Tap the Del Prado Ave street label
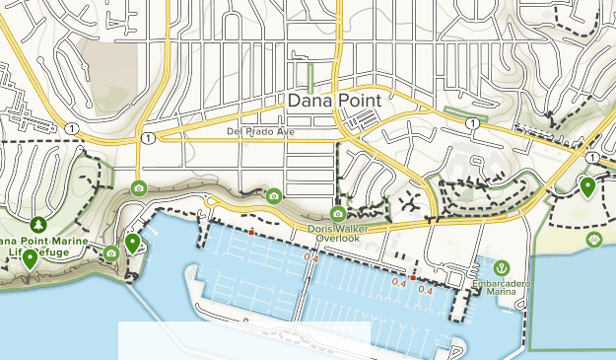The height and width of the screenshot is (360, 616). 259,131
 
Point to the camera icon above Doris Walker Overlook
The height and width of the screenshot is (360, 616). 338,214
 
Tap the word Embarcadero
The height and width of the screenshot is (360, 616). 501,283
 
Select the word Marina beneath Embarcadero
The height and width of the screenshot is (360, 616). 501,293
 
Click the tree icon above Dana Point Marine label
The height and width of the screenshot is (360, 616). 38,226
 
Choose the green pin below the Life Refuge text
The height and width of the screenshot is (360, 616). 31,259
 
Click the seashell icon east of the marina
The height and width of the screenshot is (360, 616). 593,239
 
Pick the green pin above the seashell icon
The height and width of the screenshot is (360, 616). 587,185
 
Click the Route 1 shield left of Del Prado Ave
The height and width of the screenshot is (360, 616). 147,137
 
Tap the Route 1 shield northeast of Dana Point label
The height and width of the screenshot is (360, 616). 474,123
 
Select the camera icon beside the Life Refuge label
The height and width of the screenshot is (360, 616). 111,253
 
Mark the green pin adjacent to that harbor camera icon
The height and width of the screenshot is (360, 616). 132,243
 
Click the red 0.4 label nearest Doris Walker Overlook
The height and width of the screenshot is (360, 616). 311,258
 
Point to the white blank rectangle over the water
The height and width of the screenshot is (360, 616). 244,340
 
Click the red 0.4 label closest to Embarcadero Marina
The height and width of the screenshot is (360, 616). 427,290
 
